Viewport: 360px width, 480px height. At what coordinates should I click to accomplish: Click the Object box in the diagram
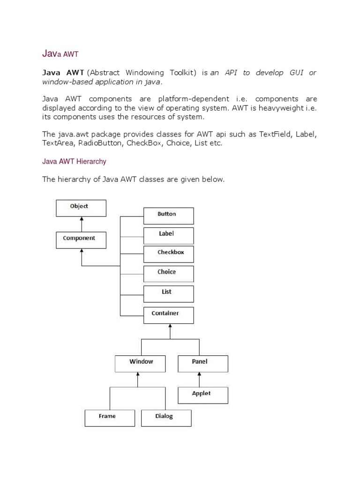[81, 208]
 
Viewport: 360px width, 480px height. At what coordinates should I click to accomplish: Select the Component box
[81, 240]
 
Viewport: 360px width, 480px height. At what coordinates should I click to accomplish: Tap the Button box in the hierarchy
[168, 216]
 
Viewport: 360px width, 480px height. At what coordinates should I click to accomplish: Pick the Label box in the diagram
[168, 235]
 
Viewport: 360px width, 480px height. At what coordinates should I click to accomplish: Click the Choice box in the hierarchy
[168, 274]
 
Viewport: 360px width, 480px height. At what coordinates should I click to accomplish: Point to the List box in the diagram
[168, 293]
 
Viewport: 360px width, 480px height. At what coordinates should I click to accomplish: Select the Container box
[168, 315]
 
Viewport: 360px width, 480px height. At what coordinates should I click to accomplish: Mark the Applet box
[203, 395]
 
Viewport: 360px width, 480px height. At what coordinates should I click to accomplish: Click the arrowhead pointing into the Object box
[82, 219]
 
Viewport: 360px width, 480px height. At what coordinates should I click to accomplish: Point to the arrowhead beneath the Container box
[170, 326]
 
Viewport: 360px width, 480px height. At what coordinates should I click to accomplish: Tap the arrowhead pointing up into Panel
[200, 375]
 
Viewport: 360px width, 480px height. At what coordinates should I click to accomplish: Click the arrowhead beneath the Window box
[138, 375]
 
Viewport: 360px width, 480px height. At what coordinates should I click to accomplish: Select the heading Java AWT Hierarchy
[74, 161]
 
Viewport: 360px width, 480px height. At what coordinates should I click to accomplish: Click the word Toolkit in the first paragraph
[182, 73]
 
